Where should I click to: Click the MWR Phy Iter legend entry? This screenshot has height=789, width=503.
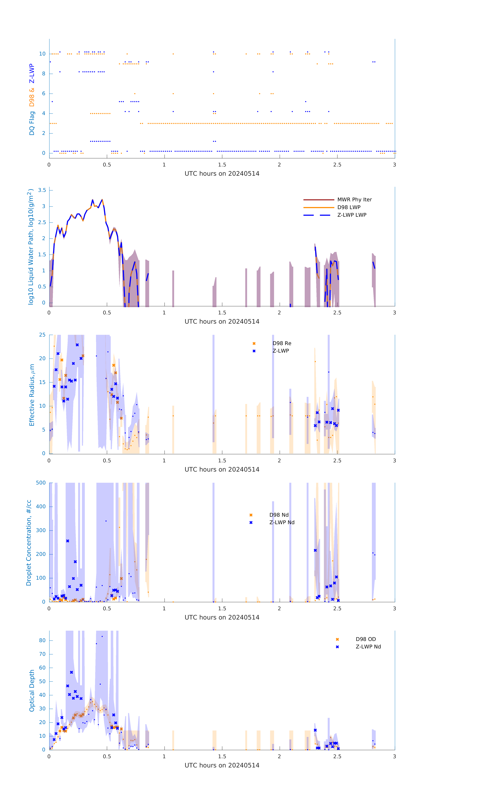354,199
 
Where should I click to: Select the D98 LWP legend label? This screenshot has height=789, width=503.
349,207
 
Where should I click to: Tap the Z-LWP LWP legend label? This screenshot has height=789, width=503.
352,215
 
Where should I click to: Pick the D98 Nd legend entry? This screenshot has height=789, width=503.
279,515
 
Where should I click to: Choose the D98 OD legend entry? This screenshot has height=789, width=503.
365,639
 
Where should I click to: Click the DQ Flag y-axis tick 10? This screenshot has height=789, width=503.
42,54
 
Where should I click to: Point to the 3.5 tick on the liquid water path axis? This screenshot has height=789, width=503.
42,190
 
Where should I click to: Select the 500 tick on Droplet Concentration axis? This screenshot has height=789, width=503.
41,483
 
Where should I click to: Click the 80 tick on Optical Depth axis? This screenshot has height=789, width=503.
42,640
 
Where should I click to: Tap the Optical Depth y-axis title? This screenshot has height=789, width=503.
32,691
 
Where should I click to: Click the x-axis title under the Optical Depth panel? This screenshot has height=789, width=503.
222,765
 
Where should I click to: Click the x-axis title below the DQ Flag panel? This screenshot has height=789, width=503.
222,174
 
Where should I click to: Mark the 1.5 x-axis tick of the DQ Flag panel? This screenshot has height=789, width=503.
222,165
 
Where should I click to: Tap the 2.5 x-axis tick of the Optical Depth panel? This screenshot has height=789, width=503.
337,757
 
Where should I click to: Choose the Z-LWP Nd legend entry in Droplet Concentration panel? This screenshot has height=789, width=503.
282,522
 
